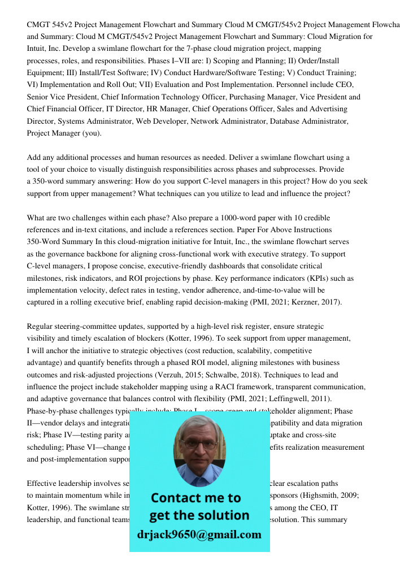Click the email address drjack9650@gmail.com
[x=199, y=534]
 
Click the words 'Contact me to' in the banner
[x=196, y=498]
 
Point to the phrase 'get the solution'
[x=199, y=515]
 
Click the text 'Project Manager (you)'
[x=64, y=133]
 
